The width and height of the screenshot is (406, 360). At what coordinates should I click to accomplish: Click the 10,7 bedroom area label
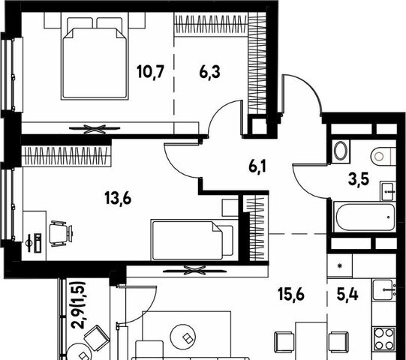pos(151,72)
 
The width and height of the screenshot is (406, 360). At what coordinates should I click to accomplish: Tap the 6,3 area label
pos(209,72)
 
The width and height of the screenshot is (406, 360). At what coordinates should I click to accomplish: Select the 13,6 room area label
pos(118,199)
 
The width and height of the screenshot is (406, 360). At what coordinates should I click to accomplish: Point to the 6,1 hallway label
pos(257,166)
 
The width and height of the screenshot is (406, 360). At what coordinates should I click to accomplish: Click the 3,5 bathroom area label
pos(359,179)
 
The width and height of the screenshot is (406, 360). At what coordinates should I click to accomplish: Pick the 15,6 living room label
pos(290,294)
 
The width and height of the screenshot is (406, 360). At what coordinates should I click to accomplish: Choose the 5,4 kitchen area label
pos(347,294)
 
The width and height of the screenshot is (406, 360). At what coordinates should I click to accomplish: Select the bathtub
pos(365,217)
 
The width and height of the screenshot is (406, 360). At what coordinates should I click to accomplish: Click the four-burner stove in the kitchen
pos(383,339)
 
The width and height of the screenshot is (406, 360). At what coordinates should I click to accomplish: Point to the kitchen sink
pos(383,289)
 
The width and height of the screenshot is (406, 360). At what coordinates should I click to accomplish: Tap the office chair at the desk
pos(61,233)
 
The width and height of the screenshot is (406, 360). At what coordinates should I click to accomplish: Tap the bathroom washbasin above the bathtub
pos(388,191)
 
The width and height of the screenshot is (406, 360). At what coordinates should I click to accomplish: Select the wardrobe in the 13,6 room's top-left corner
pos(66,156)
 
